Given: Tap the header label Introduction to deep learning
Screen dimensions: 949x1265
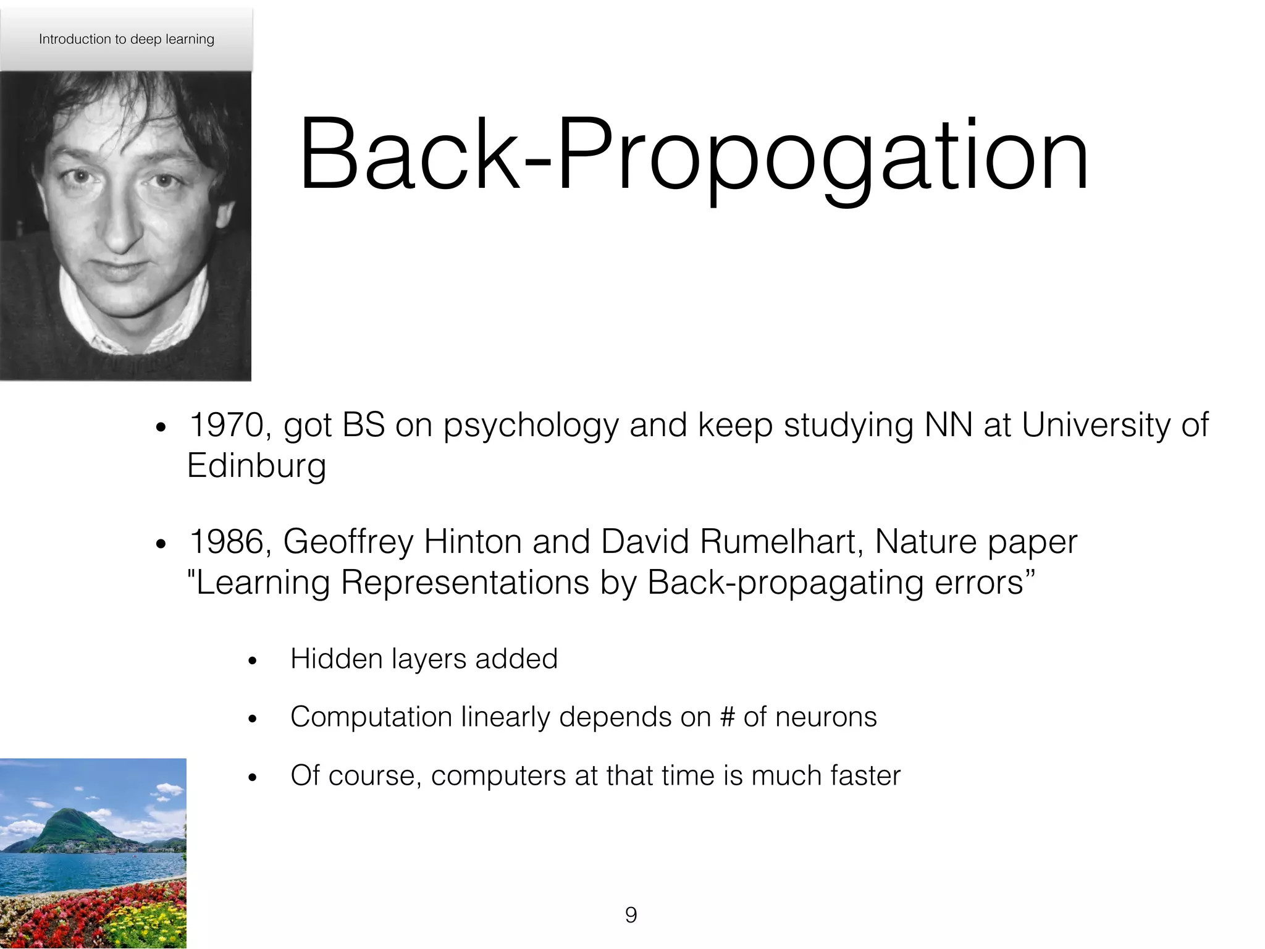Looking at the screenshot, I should pos(127,39).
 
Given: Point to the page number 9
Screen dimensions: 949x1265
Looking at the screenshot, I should pos(631,914).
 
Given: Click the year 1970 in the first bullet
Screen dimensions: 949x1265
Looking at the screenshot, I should pos(226,425).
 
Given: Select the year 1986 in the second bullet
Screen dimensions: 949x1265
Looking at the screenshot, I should pos(226,542).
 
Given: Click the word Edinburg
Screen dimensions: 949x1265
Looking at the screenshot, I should pos(256,465).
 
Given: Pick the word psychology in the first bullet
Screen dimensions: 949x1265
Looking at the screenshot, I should pos(531,426).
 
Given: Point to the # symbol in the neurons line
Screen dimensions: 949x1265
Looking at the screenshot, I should pos(727,717).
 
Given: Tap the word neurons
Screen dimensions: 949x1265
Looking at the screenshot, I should pos(826,717).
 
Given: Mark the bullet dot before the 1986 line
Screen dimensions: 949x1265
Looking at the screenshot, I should pos(161,544).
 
